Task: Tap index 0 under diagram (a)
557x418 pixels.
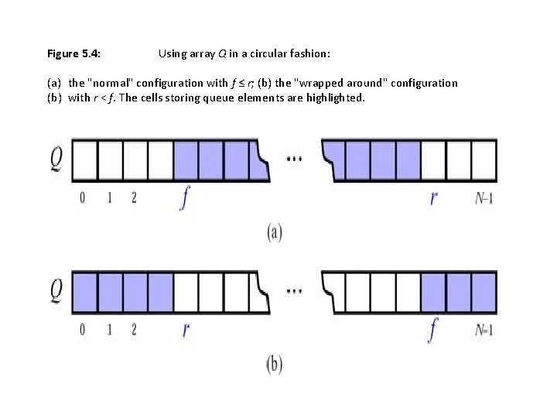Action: (x=83, y=198)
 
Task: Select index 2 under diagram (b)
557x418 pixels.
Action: (x=134, y=330)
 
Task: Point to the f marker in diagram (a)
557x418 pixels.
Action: (x=184, y=198)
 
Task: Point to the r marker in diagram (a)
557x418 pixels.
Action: (x=433, y=199)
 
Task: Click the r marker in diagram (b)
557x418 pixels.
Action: (x=186, y=331)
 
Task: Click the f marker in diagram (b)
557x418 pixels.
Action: (x=432, y=330)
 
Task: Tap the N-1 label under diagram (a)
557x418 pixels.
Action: (x=484, y=198)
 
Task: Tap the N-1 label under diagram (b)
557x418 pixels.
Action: (x=484, y=330)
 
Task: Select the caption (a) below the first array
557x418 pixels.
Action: (x=275, y=233)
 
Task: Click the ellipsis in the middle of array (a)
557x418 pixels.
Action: (x=295, y=159)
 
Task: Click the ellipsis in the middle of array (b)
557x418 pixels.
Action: (x=295, y=291)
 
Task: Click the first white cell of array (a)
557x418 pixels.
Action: (x=84, y=160)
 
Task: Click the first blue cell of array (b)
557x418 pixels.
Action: (x=84, y=292)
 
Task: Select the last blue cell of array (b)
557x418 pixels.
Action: (x=484, y=292)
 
